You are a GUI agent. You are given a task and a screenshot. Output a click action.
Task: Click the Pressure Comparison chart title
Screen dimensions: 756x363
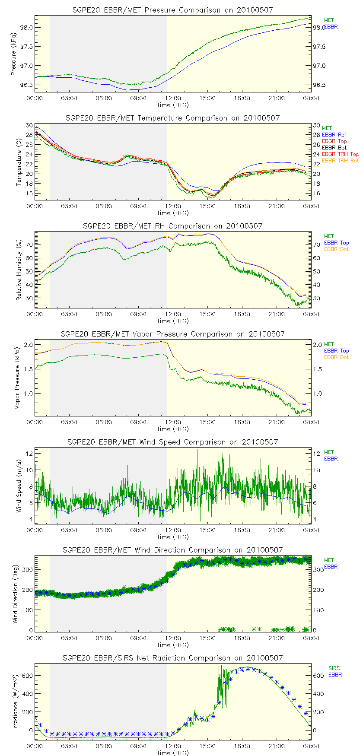pos(173,10)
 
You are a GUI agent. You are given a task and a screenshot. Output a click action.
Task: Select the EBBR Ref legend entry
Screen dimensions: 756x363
pos(334,135)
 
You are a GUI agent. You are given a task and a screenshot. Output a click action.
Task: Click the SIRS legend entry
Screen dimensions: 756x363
pos(334,668)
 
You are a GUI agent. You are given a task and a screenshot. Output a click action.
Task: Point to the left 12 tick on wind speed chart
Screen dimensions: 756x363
pos(29,454)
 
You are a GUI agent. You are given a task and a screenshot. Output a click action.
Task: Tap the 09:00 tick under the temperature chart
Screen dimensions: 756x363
pos(138,206)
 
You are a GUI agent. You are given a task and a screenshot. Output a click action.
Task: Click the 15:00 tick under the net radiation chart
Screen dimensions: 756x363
pos(207,746)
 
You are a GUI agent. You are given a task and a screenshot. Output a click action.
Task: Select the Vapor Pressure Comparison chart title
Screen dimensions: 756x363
pos(173,334)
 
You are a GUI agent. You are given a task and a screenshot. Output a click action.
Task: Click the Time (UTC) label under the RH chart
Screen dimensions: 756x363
pos(172,321)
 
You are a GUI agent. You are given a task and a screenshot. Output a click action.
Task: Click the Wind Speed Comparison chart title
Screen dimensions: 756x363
pos(173,442)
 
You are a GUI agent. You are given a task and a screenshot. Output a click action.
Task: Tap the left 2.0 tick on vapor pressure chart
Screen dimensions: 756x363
pos(29,345)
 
